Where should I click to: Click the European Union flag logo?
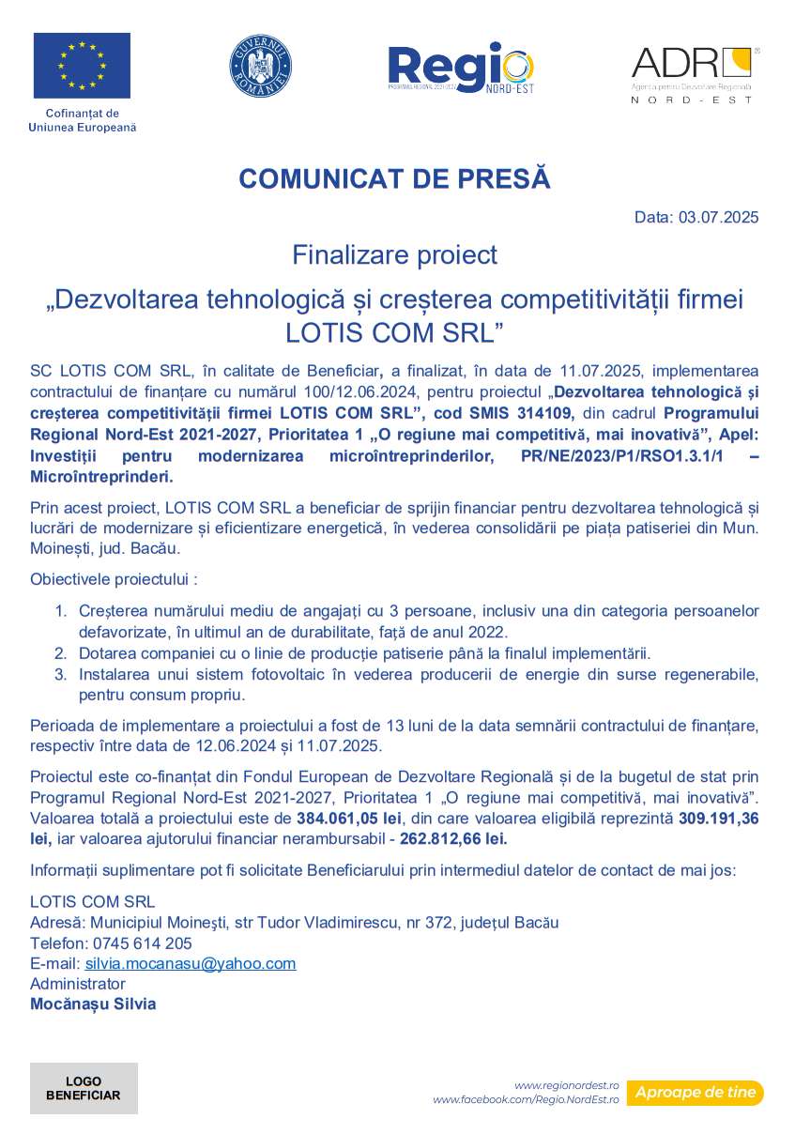[x=82, y=66]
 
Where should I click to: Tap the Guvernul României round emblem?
[x=260, y=66]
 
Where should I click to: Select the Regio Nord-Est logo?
[x=461, y=69]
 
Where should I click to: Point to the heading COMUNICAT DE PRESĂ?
[x=394, y=178]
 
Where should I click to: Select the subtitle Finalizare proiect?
[x=394, y=254]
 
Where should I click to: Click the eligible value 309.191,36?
[x=718, y=819]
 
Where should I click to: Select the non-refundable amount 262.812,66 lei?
[x=454, y=838]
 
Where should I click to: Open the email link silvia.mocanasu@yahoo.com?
[x=190, y=963]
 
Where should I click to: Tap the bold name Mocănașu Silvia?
[x=93, y=1004]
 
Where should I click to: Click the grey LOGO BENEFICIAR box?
[x=84, y=1088]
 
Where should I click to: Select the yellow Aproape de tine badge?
[x=695, y=1093]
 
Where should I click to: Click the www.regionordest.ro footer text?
[x=567, y=1084]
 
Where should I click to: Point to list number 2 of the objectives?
[x=60, y=653]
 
